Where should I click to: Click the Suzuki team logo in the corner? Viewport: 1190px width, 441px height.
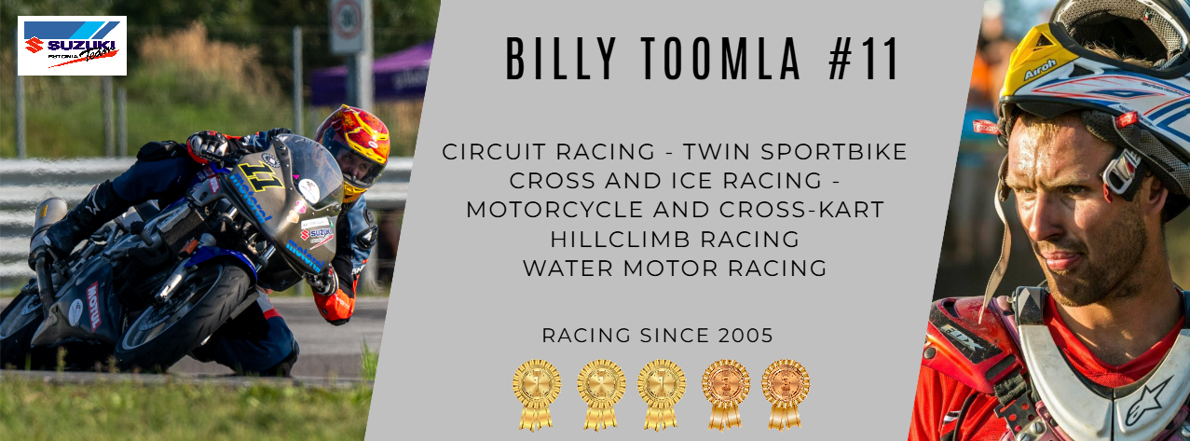tap(73, 46)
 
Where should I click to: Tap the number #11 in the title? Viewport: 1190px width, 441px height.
tap(862, 59)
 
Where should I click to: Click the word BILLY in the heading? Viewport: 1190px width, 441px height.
tap(560, 59)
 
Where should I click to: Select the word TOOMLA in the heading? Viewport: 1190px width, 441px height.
tap(721, 59)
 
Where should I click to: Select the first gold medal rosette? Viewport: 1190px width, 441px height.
tap(537, 394)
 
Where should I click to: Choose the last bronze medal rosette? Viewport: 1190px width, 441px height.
tap(786, 394)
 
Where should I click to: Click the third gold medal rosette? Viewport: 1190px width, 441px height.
tap(662, 394)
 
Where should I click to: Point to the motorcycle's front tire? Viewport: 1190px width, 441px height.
tap(184, 313)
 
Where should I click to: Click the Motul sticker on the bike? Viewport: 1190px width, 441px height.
tap(93, 306)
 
